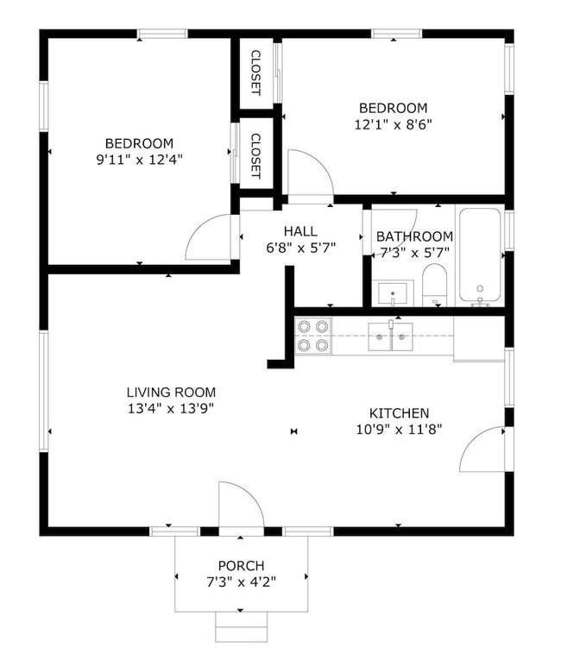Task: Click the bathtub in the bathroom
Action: click(480, 256)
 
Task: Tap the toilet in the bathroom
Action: click(434, 285)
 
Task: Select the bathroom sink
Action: click(394, 293)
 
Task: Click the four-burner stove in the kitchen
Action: click(313, 336)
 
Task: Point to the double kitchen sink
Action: click(391, 337)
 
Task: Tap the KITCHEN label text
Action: click(399, 413)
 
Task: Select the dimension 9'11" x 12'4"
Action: click(139, 159)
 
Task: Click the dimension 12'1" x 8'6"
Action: click(393, 123)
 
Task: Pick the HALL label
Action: click(299, 231)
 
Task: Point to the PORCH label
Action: click(241, 566)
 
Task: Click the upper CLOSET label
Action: click(255, 72)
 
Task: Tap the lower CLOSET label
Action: click(255, 155)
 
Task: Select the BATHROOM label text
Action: click(414, 236)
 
